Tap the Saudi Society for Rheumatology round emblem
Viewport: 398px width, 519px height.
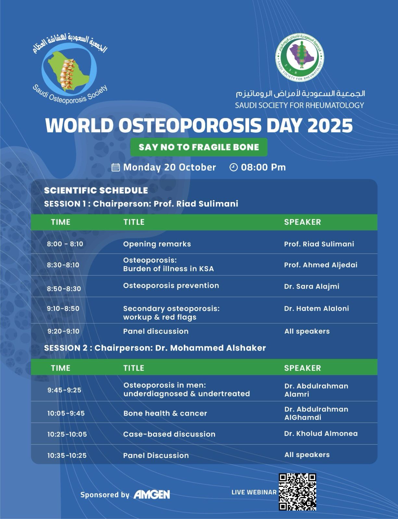(300, 57)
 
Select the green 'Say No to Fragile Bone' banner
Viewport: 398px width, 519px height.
(199, 147)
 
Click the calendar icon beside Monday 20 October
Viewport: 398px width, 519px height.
(116, 167)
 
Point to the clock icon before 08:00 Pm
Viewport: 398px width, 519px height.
(233, 167)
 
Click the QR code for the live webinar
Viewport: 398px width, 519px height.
(297, 492)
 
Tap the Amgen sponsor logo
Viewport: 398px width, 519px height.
(152, 494)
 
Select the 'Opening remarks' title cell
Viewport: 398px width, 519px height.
(157, 244)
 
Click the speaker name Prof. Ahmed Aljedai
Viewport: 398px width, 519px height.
(320, 265)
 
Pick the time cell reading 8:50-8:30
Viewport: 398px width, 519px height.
(64, 289)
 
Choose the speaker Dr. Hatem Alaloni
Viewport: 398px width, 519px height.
(317, 308)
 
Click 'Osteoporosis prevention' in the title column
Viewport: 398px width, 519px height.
(171, 286)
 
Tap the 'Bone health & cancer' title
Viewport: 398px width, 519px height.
(165, 413)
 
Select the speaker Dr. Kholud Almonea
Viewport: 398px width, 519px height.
(321, 434)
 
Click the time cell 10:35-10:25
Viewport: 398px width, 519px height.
(67, 455)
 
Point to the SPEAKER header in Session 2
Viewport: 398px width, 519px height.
(302, 368)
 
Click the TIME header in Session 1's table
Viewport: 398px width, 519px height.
(60, 222)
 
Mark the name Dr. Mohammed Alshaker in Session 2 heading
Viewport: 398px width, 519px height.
(210, 348)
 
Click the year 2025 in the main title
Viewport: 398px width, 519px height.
(330, 126)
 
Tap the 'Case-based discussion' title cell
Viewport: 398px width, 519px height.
(169, 434)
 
